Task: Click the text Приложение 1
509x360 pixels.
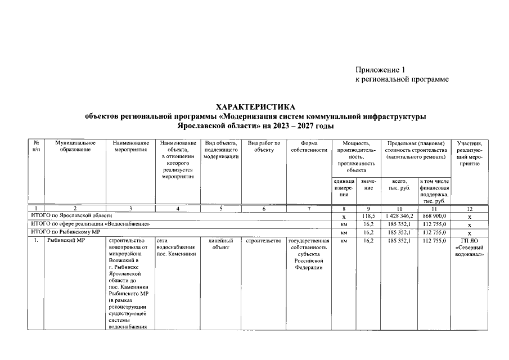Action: pos(380,70)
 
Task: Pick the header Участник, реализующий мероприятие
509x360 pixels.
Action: pos(470,154)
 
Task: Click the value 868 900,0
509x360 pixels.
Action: pos(434,216)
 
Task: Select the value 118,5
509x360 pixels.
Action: pos(368,216)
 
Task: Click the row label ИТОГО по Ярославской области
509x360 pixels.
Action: pos(71,216)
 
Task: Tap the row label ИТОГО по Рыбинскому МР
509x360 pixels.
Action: pos(65,232)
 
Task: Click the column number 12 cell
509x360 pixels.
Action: pos(470,208)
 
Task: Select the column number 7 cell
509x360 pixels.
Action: pos(309,208)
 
